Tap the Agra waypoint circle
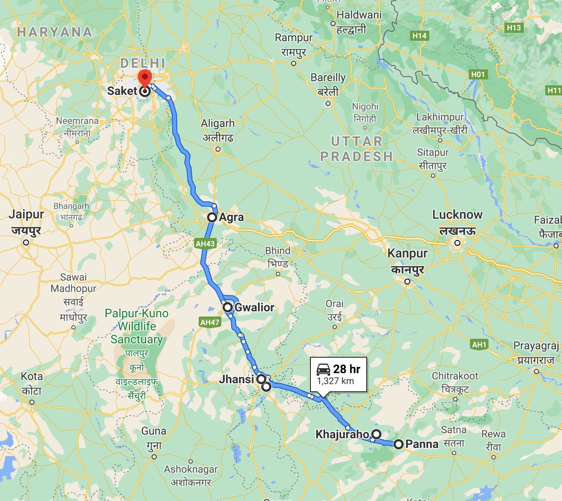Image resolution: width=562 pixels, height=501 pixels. click(212, 217)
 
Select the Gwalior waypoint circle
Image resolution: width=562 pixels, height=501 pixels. click(228, 307)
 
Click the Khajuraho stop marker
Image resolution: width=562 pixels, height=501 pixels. click(377, 434)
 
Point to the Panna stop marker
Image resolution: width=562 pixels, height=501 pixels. click(398, 444)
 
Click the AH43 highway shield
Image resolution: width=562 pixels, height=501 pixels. click(205, 243)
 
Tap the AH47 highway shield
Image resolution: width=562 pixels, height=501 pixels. click(210, 322)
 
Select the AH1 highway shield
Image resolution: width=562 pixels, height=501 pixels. click(479, 345)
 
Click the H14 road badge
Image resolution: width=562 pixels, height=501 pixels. click(419, 36)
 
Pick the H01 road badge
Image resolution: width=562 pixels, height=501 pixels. click(478, 74)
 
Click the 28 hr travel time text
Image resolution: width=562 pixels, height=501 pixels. click(347, 369)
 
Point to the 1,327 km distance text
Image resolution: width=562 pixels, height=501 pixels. click(335, 381)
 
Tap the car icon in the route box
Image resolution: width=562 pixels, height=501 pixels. click(323, 369)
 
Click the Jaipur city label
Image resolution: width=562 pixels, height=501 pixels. click(26, 214)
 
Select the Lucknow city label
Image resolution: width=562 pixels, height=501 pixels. click(457, 215)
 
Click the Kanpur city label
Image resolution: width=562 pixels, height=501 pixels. click(407, 253)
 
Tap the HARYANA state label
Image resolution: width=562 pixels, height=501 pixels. click(54, 32)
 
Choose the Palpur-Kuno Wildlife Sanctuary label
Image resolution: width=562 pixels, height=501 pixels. click(137, 326)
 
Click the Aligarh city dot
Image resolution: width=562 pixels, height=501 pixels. click(218, 149)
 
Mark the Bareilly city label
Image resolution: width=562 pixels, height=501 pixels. click(328, 78)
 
